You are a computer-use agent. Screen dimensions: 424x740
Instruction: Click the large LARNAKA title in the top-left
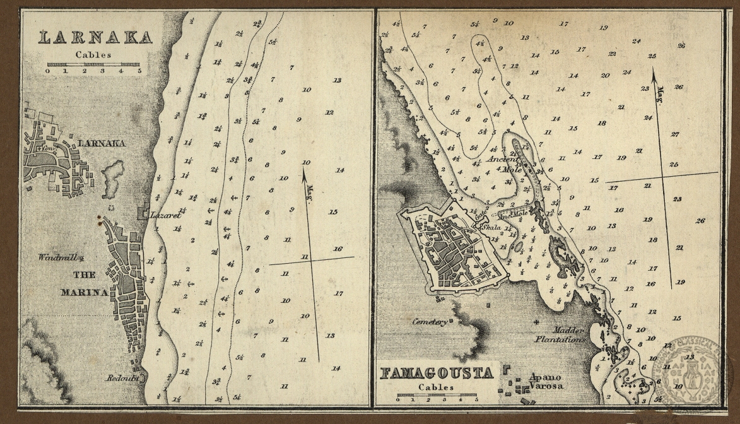pos(95,37)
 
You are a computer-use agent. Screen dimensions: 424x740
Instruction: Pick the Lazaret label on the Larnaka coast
pos(166,215)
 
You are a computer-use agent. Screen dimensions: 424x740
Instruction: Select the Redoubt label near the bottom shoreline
pos(128,378)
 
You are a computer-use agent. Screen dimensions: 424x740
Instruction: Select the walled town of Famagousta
pos(454,249)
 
